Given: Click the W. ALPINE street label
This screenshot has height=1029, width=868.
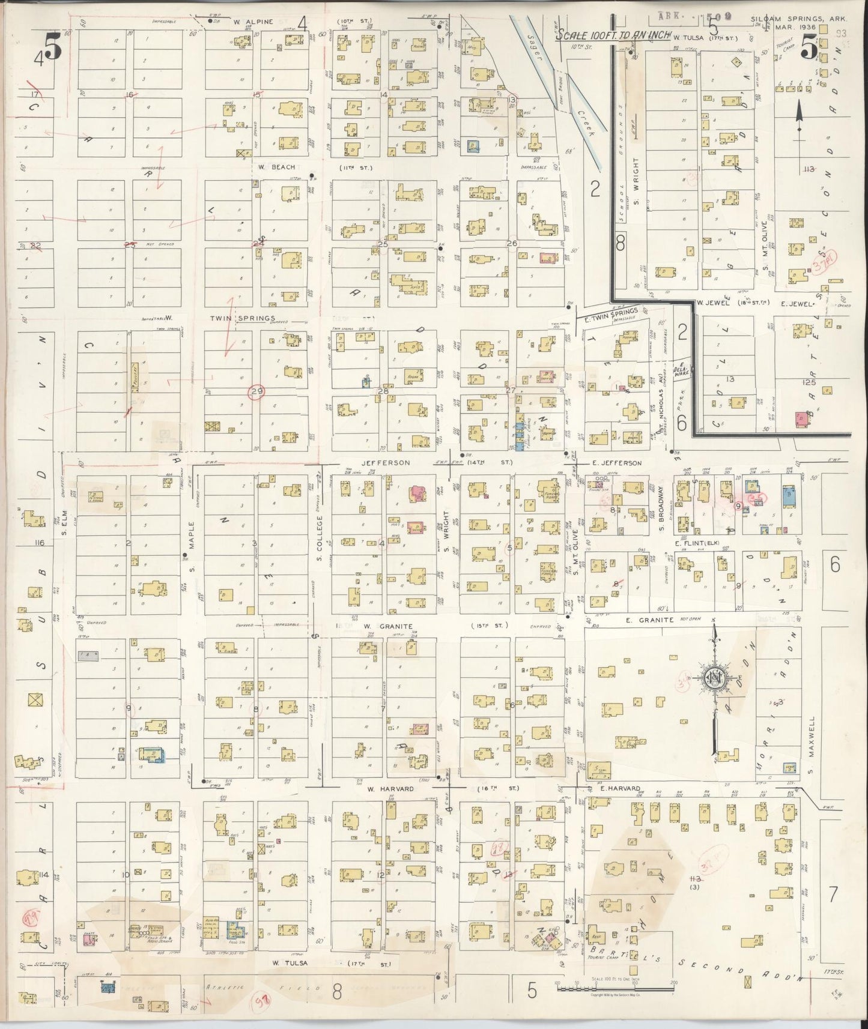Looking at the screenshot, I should [246, 22].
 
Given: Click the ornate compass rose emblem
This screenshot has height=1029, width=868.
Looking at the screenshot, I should [715, 677].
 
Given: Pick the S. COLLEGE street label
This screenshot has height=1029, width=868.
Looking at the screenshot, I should [320, 534].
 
